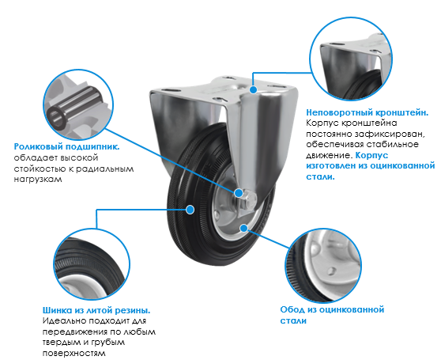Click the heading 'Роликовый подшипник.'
coord(66,146)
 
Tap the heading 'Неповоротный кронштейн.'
coord(367,112)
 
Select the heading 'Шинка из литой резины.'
coord(96,310)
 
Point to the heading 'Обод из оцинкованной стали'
coord(332,315)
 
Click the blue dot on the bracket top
coord(254,89)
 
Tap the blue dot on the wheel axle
coord(239,193)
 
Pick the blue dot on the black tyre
coord(190,210)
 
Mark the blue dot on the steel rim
coord(243,228)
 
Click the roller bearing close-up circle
coord(78,104)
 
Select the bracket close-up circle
coord(351,59)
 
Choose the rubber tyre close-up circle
coord(92,264)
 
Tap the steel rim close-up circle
coord(323,266)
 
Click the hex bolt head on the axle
coord(249,201)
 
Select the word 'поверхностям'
coord(74,353)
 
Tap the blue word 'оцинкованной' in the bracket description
coord(402,165)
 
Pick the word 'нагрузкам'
coord(38,180)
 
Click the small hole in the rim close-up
coord(331,271)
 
